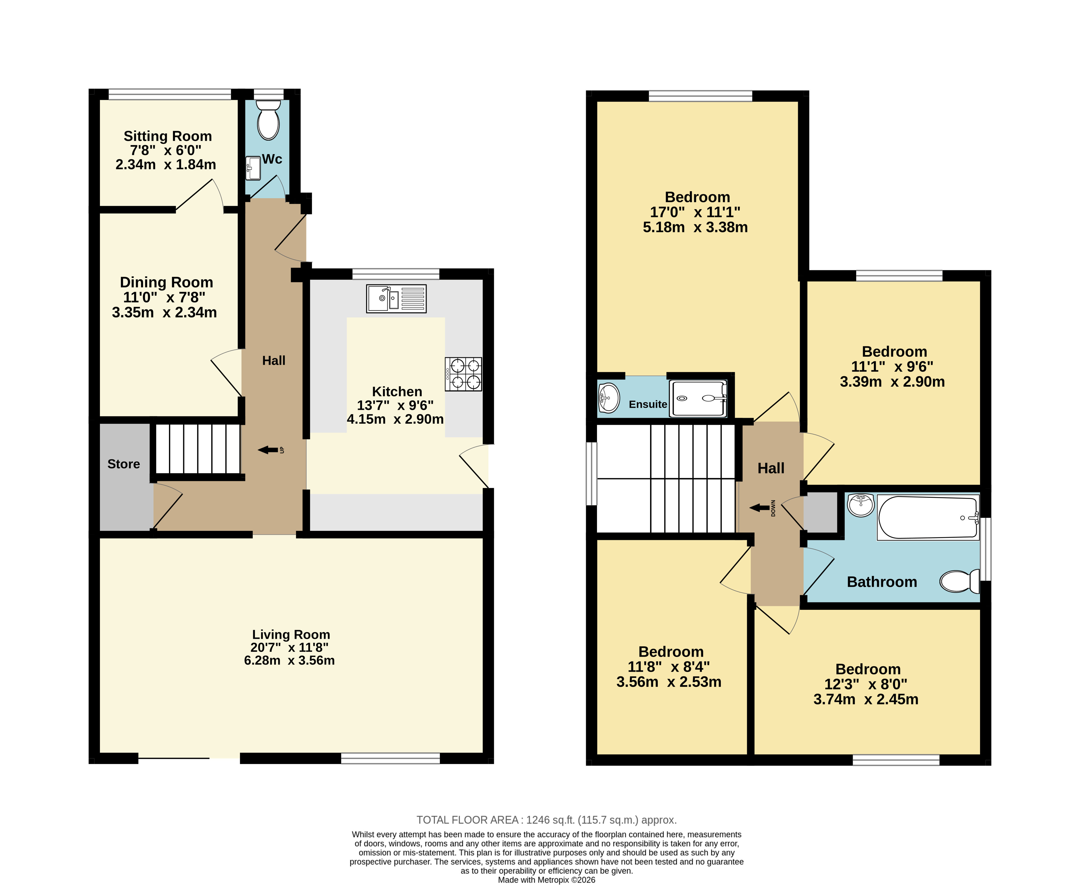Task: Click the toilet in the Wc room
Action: [x=268, y=119]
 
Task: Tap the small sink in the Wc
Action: [x=253, y=168]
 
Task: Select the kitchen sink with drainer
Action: [x=396, y=298]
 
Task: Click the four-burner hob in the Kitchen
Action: [x=463, y=374]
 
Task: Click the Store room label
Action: [x=124, y=464]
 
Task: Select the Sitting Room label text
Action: [x=168, y=136]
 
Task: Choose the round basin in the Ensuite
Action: [x=609, y=398]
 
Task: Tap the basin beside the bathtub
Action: [x=861, y=505]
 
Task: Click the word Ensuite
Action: [x=648, y=404]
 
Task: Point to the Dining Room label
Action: [x=167, y=282]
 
